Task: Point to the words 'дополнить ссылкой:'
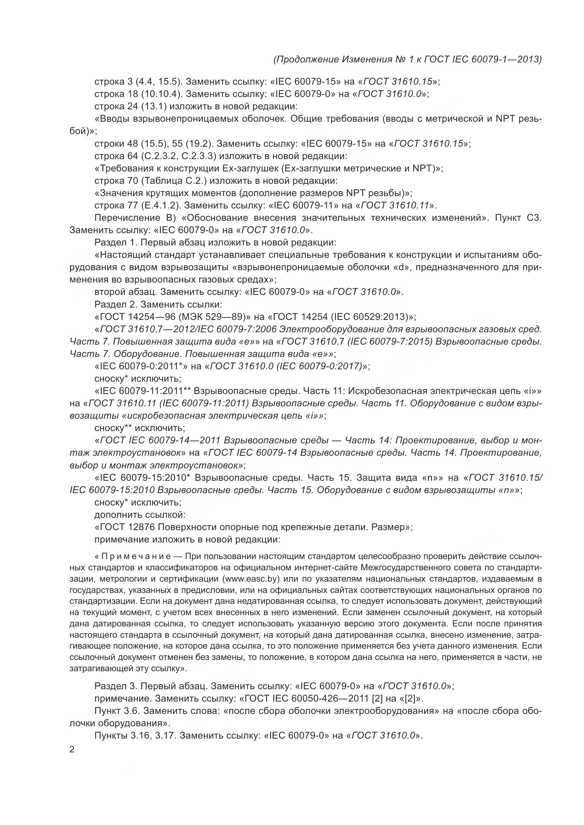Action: (140, 515)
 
